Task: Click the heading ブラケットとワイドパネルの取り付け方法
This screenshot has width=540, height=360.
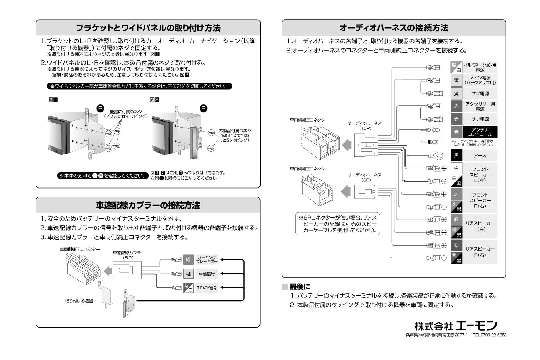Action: click(148, 28)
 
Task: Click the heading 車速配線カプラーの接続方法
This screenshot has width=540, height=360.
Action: click(148, 205)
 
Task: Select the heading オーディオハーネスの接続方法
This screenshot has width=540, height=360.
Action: click(394, 28)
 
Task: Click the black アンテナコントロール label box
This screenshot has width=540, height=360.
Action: click(480, 132)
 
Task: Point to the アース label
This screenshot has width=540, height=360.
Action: click(480, 156)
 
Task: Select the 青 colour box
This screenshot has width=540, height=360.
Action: click(456, 132)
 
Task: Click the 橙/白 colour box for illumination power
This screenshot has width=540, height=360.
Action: click(456, 67)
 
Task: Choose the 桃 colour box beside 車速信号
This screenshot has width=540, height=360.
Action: click(188, 274)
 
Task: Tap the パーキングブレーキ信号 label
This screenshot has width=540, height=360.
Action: click(207, 259)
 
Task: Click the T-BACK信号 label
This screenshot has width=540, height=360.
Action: click(207, 288)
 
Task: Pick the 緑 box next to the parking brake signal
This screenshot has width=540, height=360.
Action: click(188, 259)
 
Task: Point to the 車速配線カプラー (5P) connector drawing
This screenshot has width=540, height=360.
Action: click(127, 270)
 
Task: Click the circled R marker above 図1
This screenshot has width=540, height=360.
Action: click(101, 108)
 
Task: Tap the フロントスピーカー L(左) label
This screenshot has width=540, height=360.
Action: click(480, 175)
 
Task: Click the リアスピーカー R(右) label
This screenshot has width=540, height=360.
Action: click(480, 252)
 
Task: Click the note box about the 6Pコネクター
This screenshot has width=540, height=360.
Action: click(338, 224)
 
